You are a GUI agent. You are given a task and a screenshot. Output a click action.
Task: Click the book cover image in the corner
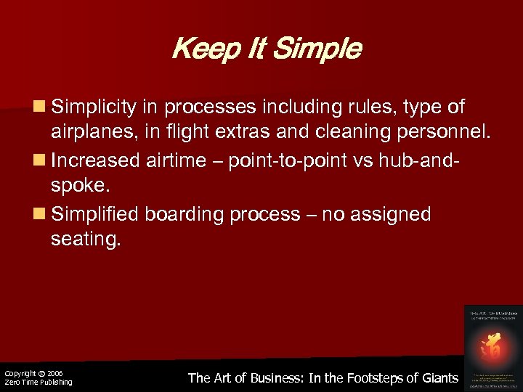click(491, 346)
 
